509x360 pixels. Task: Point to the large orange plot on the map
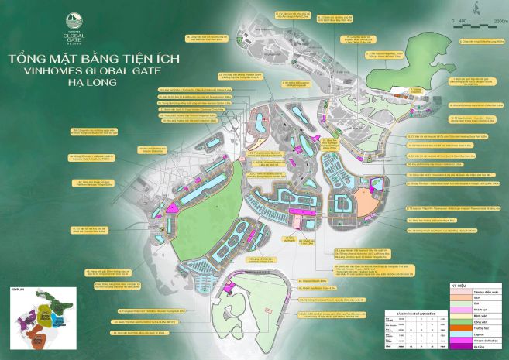[x=363, y=201]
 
